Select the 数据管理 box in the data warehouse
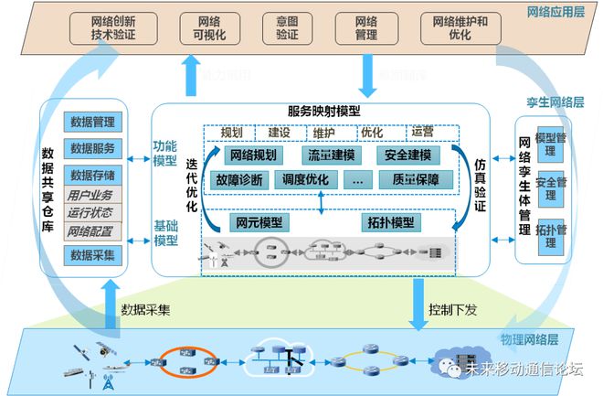pyautogui.click(x=91, y=122)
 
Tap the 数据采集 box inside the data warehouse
pyautogui.click(x=91, y=255)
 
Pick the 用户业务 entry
pyautogui.click(x=90, y=196)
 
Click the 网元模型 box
pyautogui.click(x=259, y=221)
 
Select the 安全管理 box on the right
pyautogui.click(x=551, y=183)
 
